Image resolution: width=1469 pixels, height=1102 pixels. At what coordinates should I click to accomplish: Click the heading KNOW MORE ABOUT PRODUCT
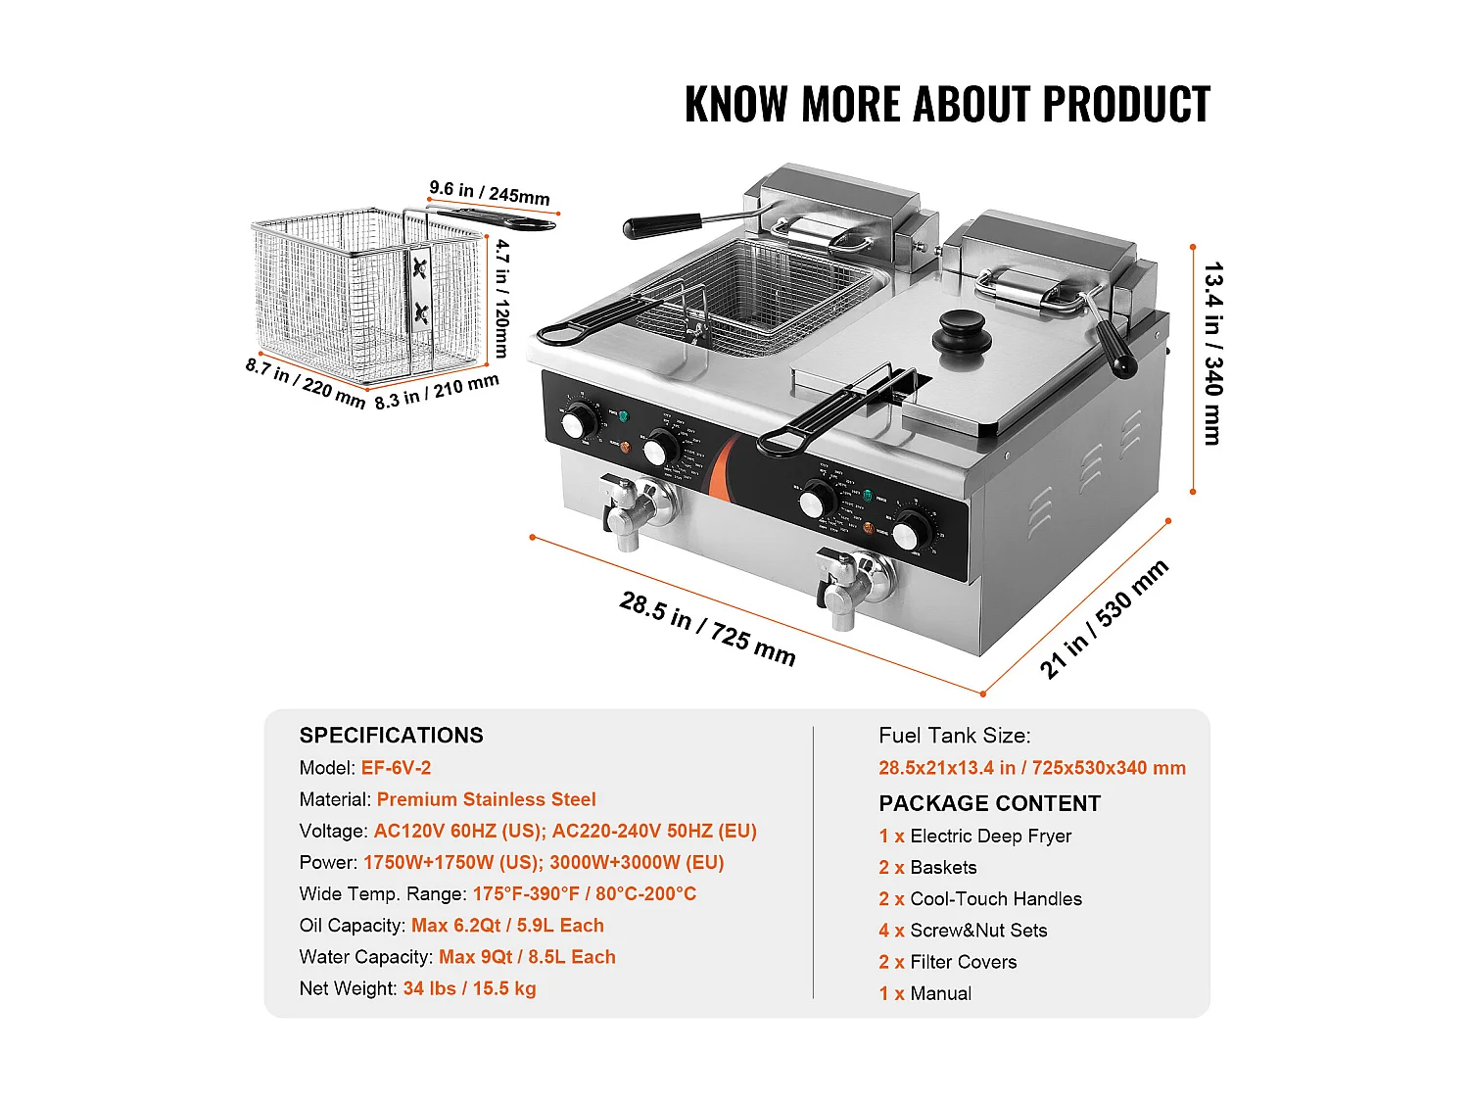coord(947,105)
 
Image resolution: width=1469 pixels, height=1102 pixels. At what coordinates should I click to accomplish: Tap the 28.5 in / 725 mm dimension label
coord(707,629)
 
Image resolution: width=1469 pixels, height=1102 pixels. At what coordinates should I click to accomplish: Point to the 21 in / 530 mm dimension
coord(1104,619)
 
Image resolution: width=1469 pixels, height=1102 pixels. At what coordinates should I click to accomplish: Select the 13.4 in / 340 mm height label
coord(1212,353)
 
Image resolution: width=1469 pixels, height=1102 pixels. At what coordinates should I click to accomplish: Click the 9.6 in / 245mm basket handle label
coord(490,193)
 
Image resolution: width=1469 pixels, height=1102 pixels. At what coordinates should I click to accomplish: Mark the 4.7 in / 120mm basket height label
coord(501,298)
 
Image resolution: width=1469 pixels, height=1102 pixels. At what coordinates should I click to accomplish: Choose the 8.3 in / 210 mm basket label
coord(437,390)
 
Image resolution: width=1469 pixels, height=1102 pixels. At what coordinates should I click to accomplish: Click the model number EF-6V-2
coord(396,768)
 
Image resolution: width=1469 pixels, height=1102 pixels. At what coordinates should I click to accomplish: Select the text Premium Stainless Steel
coord(486,799)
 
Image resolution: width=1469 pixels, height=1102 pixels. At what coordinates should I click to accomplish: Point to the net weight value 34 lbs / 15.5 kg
coord(469,988)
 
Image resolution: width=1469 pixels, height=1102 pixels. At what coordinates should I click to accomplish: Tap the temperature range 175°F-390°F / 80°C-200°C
coord(584,893)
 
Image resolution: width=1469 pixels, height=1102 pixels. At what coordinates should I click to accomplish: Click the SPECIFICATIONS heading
coord(391,736)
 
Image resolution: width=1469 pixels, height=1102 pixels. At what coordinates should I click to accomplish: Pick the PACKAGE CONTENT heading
coord(989,803)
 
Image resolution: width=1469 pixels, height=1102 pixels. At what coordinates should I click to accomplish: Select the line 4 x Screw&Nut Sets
coord(963,931)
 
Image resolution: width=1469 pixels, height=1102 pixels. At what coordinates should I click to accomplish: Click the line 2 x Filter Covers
coord(947,962)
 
